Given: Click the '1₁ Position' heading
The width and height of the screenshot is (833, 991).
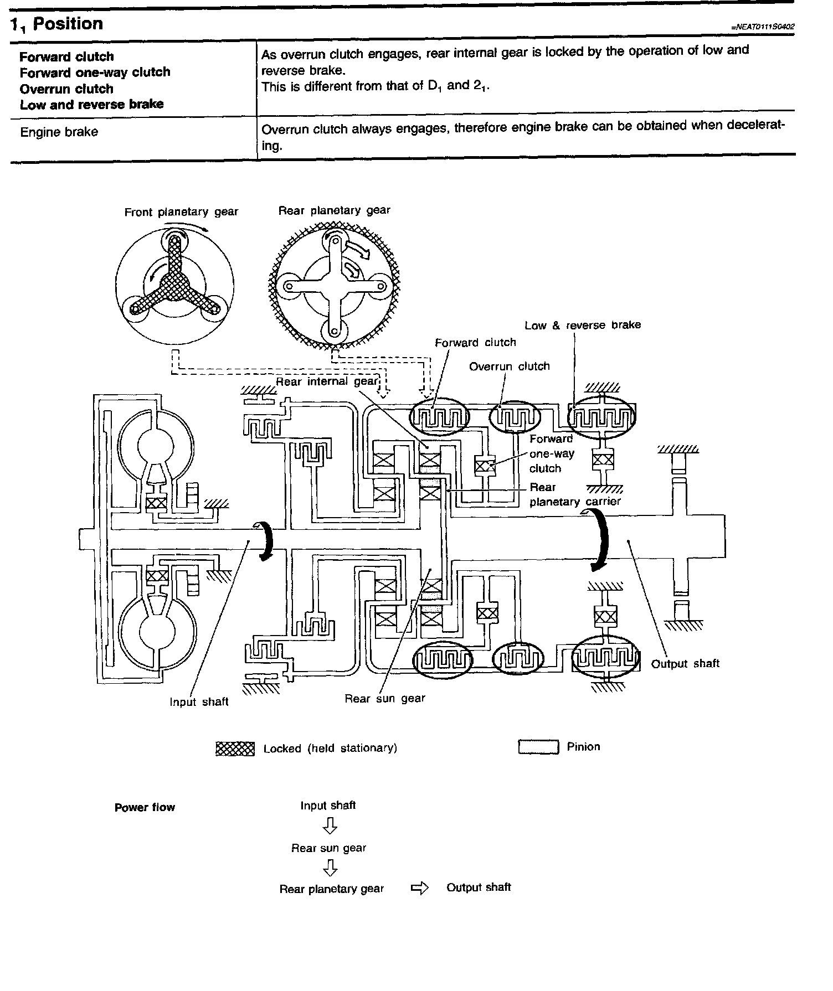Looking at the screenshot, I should pos(57,24).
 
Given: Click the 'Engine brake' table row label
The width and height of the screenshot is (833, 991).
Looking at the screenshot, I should pos(59,132).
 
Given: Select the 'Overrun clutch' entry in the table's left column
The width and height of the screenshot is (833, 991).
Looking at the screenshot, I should pos(66,89).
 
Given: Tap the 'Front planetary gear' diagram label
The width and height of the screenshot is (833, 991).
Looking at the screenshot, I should pos(181,212).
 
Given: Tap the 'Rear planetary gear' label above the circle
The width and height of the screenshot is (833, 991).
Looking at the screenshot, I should pos(334,210).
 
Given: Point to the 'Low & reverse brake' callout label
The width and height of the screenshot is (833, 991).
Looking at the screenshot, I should pos(583,325).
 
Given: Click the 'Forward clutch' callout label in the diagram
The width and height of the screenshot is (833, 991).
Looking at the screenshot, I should pos(475,343).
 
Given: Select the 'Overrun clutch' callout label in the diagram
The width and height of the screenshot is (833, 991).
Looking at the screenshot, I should pos(509,367).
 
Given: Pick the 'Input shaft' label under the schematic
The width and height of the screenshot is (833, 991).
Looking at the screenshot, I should pos(199,702).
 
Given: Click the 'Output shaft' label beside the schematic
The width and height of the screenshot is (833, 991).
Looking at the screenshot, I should pos(685,663).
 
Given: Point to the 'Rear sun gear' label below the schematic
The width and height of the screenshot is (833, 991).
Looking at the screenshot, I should pos(385,699).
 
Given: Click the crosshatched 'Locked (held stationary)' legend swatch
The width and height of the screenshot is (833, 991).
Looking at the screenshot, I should pos(235,749).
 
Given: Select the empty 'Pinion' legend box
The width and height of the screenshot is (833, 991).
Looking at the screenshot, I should pos(538,747).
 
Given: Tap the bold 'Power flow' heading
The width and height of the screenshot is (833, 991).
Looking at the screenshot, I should pos(145,808).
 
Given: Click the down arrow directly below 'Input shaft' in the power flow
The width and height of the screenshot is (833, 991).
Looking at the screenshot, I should pos(330,827).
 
